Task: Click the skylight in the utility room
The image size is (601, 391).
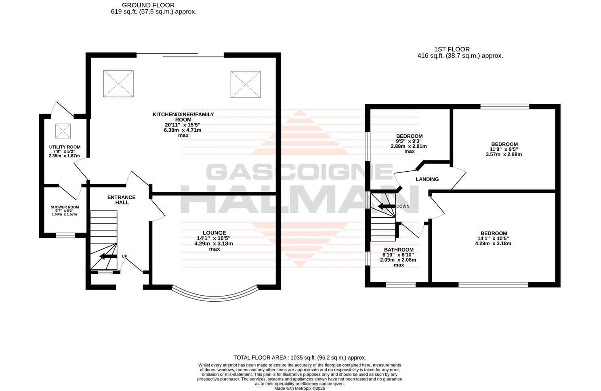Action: pyautogui.click(x=63, y=131)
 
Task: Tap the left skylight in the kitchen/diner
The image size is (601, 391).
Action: pyautogui.click(x=118, y=84)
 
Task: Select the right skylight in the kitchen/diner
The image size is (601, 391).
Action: pyautogui.click(x=246, y=84)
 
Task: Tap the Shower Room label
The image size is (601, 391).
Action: pyautogui.click(x=65, y=207)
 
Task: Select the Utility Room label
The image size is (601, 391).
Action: pyautogui.click(x=65, y=147)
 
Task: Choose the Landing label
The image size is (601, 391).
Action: pyautogui.click(x=427, y=179)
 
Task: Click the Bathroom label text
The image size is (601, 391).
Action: pyautogui.click(x=398, y=250)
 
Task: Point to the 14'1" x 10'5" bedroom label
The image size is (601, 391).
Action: pyautogui.click(x=493, y=233)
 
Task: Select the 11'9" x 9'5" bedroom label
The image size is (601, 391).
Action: pyautogui.click(x=504, y=144)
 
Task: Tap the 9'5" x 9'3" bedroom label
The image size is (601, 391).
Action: pyautogui.click(x=409, y=136)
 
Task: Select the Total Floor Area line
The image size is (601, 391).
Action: pyautogui.click(x=300, y=357)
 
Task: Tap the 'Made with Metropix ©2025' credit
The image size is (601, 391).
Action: pyautogui.click(x=299, y=388)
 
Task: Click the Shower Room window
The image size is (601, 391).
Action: pyautogui.click(x=65, y=235)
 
